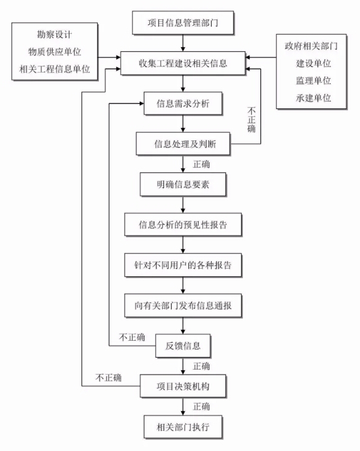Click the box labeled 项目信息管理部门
point(183,23)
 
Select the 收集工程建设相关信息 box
point(183,63)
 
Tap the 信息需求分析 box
point(183,103)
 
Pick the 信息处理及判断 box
point(183,144)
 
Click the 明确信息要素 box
point(183,184)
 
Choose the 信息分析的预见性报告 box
point(183,225)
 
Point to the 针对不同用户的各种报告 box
point(183,265)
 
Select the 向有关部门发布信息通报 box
point(183,306)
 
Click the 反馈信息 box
point(183,346)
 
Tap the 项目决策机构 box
point(183,386)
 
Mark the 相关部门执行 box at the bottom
point(183,427)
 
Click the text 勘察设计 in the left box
point(54,34)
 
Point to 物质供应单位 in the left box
point(54,52)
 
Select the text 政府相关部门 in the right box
point(311,46)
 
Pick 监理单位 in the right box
point(314,81)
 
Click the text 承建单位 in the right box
point(314,98)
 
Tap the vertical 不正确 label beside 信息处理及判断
point(251,120)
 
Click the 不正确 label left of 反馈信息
point(132,337)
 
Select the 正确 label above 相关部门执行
point(201,407)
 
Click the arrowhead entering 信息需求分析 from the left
point(141,103)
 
